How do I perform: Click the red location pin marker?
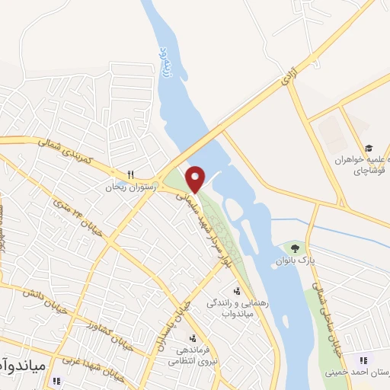click(x=195, y=178)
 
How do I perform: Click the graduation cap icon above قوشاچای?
click(x=369, y=148)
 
